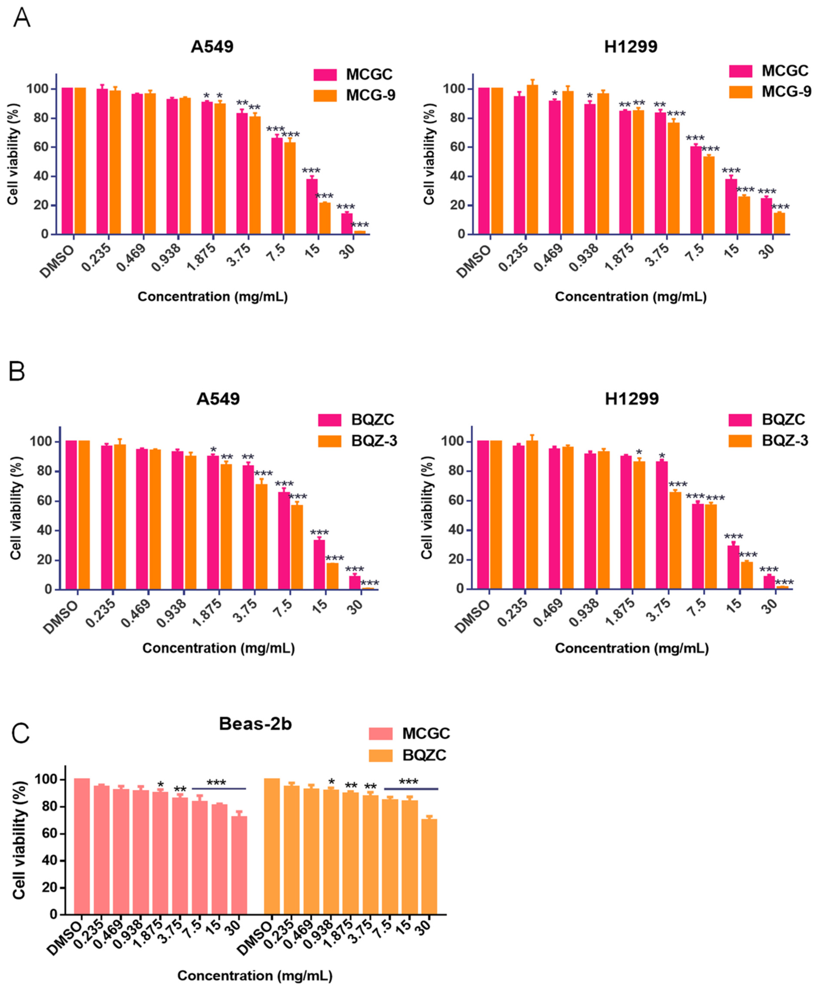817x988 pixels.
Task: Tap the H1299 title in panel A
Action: point(631,47)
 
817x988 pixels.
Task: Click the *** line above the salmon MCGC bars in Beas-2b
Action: point(219,788)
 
